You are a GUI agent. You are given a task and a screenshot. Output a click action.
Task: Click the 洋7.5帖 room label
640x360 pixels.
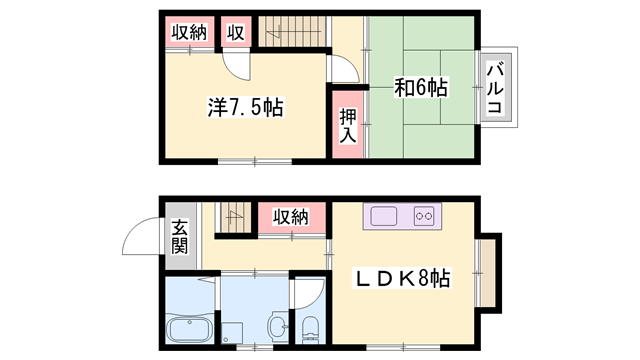click(244, 107)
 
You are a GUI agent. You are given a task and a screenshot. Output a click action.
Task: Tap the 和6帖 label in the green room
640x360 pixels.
click(419, 88)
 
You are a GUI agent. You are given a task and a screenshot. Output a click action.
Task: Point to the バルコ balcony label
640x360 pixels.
click(495, 87)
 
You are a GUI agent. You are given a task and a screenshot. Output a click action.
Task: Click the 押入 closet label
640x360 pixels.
click(348, 124)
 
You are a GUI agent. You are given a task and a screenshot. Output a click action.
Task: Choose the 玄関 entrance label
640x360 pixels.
click(179, 236)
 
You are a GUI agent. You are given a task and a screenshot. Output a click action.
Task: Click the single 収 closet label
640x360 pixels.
click(235, 33)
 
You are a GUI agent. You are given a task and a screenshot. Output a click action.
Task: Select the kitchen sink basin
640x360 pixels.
click(383, 215)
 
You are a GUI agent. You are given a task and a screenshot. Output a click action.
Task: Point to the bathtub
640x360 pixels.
click(189, 329)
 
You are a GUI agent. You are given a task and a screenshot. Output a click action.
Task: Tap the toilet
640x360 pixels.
click(308, 329)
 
